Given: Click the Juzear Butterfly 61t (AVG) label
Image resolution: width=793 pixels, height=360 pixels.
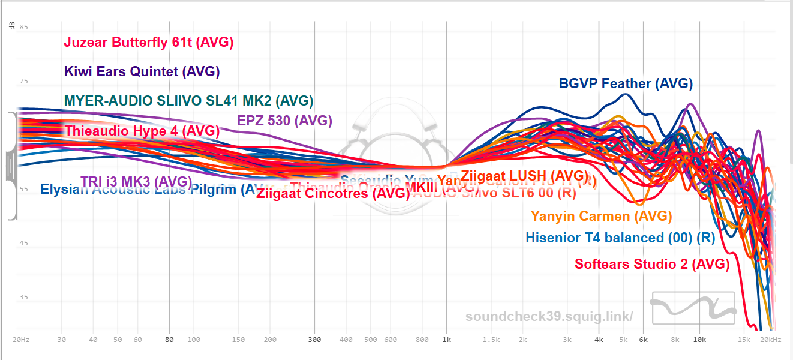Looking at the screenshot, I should coord(148,43).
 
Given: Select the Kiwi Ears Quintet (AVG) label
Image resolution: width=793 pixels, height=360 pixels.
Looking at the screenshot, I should coord(142,71).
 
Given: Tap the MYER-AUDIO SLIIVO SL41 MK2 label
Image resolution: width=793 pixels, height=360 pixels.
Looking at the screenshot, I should coord(188,100).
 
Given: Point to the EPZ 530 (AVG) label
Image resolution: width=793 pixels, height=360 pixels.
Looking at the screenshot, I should coord(284,120).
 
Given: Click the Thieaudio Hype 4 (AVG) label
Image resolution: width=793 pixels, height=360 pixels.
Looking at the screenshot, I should coord(142,130).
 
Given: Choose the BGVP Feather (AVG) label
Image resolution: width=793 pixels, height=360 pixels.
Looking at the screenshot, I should coord(626,83).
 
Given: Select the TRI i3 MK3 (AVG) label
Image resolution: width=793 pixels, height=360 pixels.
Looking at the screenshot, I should coord(136,181).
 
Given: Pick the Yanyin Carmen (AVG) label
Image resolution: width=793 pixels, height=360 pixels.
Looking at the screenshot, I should coord(601,216).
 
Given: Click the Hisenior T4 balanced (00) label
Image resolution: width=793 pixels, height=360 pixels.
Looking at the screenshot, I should coord(620,238).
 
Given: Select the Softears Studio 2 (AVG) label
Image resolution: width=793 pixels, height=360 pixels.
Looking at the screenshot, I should coord(652,263).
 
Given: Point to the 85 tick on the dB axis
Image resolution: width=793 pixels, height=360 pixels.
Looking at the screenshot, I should coord(23,27).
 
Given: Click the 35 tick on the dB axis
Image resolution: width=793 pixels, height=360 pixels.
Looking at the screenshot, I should coord(23,297).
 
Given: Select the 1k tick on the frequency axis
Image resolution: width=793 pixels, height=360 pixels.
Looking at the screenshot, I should coord(446,340).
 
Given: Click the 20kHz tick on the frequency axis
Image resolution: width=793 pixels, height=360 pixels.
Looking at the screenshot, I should coord(771,340).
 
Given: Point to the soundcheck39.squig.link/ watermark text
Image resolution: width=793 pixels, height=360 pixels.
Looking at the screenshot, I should coord(549,316).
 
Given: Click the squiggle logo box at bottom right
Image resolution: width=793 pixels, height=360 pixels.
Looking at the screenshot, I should coord(693,308).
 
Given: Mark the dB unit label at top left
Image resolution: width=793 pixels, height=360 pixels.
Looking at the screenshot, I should coord(11,25).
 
